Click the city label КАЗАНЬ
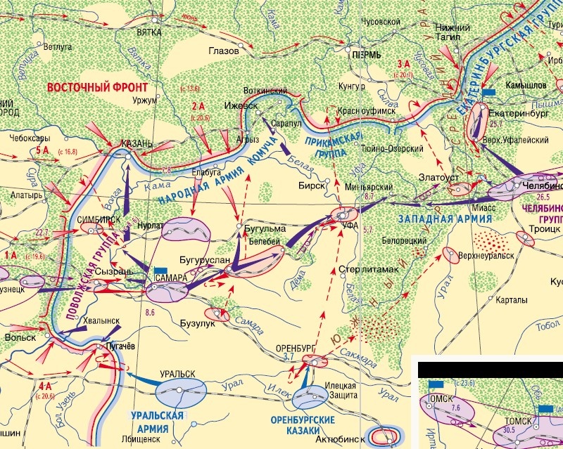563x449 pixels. tap(137, 143)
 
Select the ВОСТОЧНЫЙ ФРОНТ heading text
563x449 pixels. tap(98, 88)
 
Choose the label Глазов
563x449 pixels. tap(224, 51)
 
